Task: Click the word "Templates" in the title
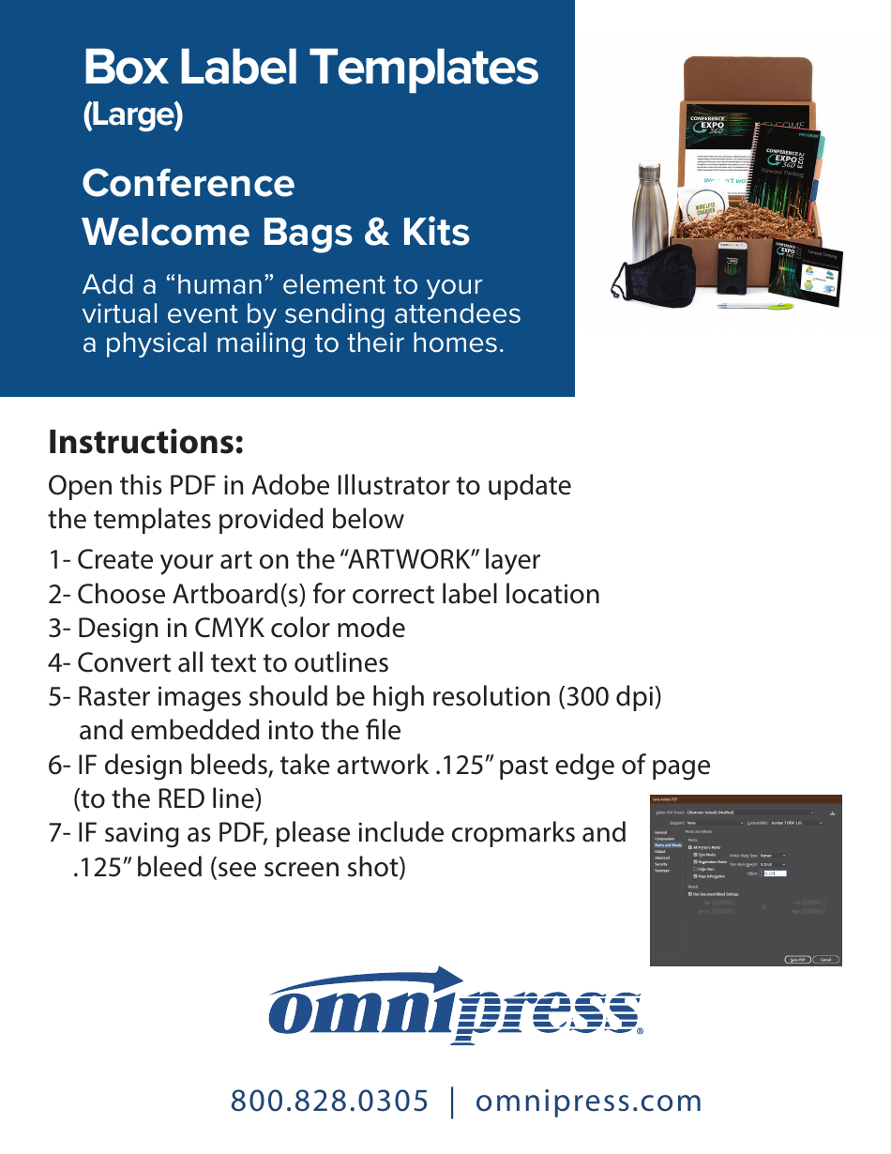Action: (x=424, y=68)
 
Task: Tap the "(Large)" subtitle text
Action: (x=132, y=115)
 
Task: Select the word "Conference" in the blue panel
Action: (x=189, y=183)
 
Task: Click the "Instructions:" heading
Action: (x=145, y=441)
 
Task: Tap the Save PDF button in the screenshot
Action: (x=797, y=960)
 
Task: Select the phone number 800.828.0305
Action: (x=330, y=1101)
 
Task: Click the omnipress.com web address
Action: (x=589, y=1101)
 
